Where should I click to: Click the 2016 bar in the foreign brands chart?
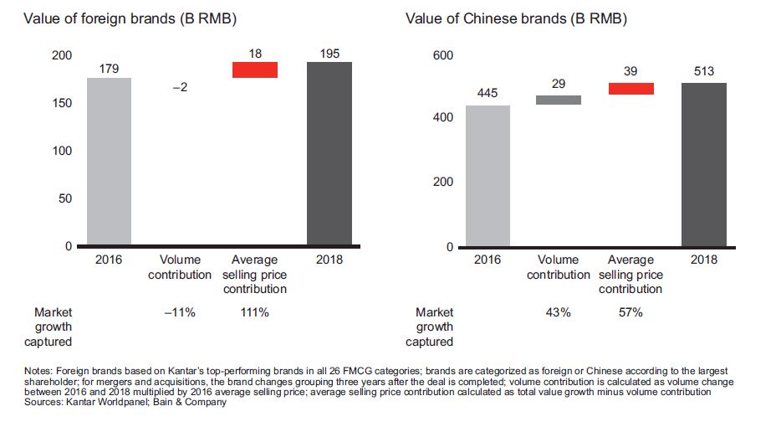click(x=109, y=162)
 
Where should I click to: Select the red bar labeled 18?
click(x=255, y=70)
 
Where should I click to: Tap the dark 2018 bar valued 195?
click(x=329, y=154)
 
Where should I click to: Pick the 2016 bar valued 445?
click(x=488, y=176)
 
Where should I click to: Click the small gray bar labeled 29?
click(x=559, y=100)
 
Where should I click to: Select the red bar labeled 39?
click(x=631, y=89)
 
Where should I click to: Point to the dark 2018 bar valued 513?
click(x=704, y=164)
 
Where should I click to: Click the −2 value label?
click(x=181, y=87)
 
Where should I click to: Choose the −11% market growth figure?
click(x=180, y=312)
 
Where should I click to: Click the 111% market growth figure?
click(x=254, y=312)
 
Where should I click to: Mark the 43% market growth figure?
click(x=559, y=312)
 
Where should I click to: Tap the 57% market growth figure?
click(x=630, y=312)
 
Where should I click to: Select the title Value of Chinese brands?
click(x=516, y=18)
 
